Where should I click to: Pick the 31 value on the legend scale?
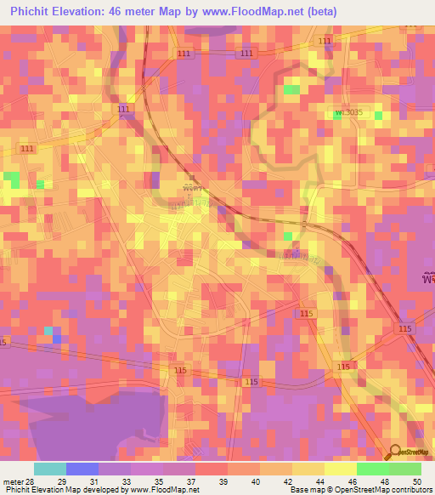94,481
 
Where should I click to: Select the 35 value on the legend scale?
159,481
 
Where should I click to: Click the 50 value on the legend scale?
417,481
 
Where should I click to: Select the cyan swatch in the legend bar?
49,469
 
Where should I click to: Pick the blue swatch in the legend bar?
82,469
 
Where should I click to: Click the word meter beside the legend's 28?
12,481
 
